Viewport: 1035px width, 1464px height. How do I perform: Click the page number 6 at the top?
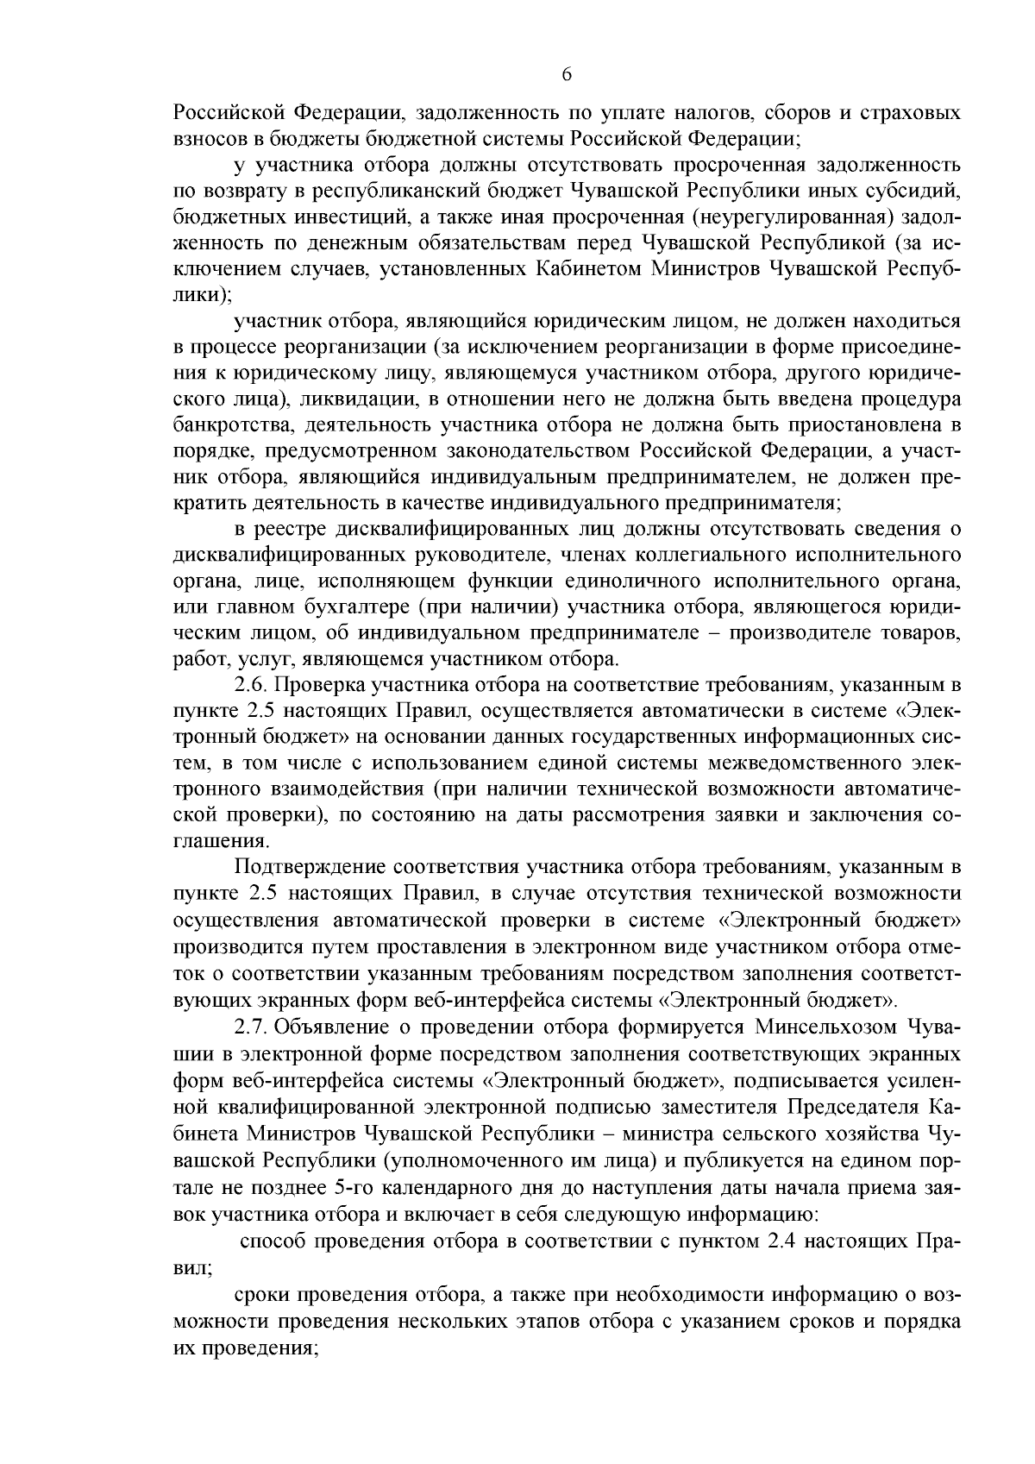pyautogui.click(x=567, y=74)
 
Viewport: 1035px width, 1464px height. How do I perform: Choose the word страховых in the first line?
pyautogui.click(x=907, y=112)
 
